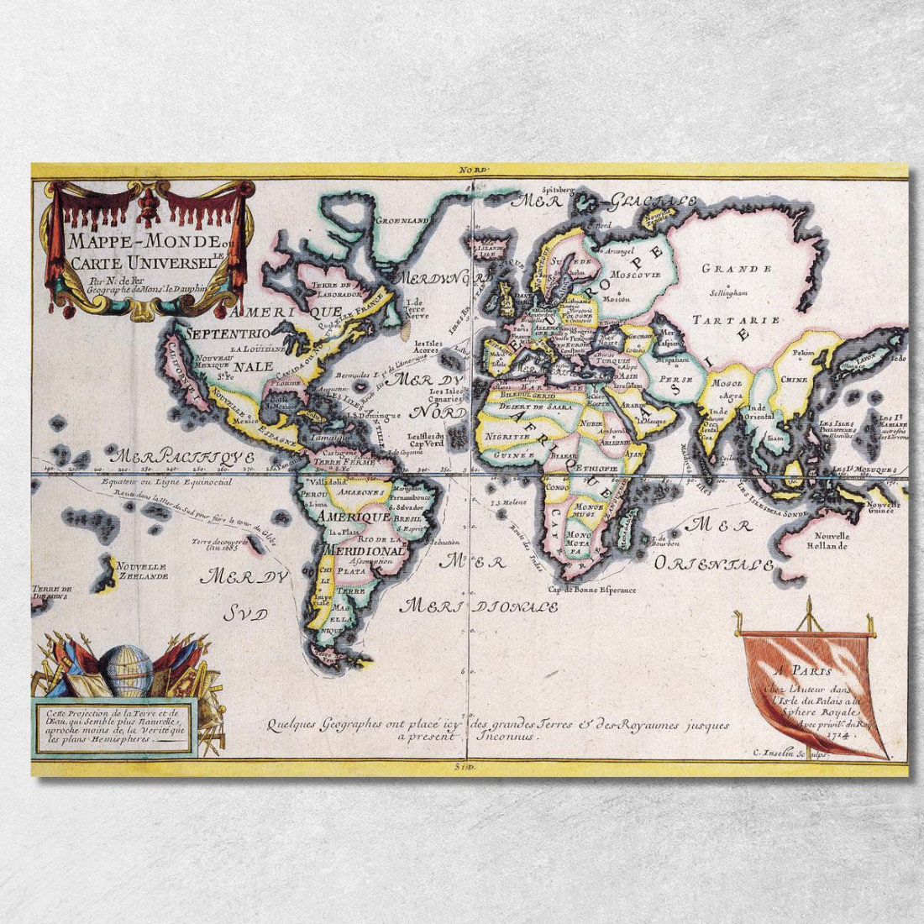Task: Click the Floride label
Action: [x=284, y=381]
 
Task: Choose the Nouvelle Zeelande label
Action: [x=142, y=570]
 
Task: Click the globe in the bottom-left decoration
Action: [x=126, y=669]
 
